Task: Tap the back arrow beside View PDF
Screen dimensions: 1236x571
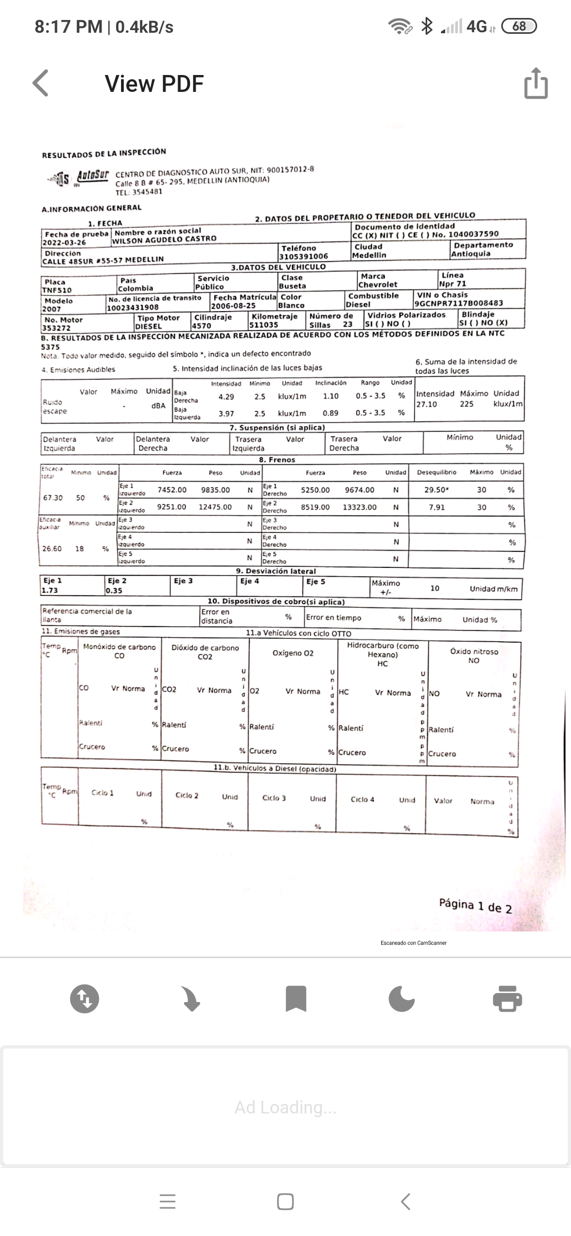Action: coord(41,83)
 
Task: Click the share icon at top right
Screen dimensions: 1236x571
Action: coord(536,83)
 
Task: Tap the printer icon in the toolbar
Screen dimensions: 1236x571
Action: coord(507,998)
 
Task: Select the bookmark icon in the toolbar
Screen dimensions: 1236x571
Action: coord(296,998)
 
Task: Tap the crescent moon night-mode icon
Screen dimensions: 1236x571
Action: coord(401,998)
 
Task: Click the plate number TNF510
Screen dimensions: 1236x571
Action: coord(58,290)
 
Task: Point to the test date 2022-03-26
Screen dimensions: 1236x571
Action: coord(64,242)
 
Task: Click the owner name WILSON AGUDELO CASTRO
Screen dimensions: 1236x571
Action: coord(164,239)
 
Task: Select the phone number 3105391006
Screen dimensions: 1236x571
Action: coord(304,256)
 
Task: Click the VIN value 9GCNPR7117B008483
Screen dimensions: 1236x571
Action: coord(458,303)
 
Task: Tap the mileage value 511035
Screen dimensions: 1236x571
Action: coord(264,325)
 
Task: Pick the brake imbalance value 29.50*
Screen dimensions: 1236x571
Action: coord(437,490)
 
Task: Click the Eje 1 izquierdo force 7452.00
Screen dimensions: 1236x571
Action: coord(172,490)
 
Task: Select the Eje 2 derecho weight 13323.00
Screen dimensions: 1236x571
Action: coord(360,507)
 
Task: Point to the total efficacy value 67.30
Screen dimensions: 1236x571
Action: coord(53,498)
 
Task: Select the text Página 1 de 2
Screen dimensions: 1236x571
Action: coord(475,905)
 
